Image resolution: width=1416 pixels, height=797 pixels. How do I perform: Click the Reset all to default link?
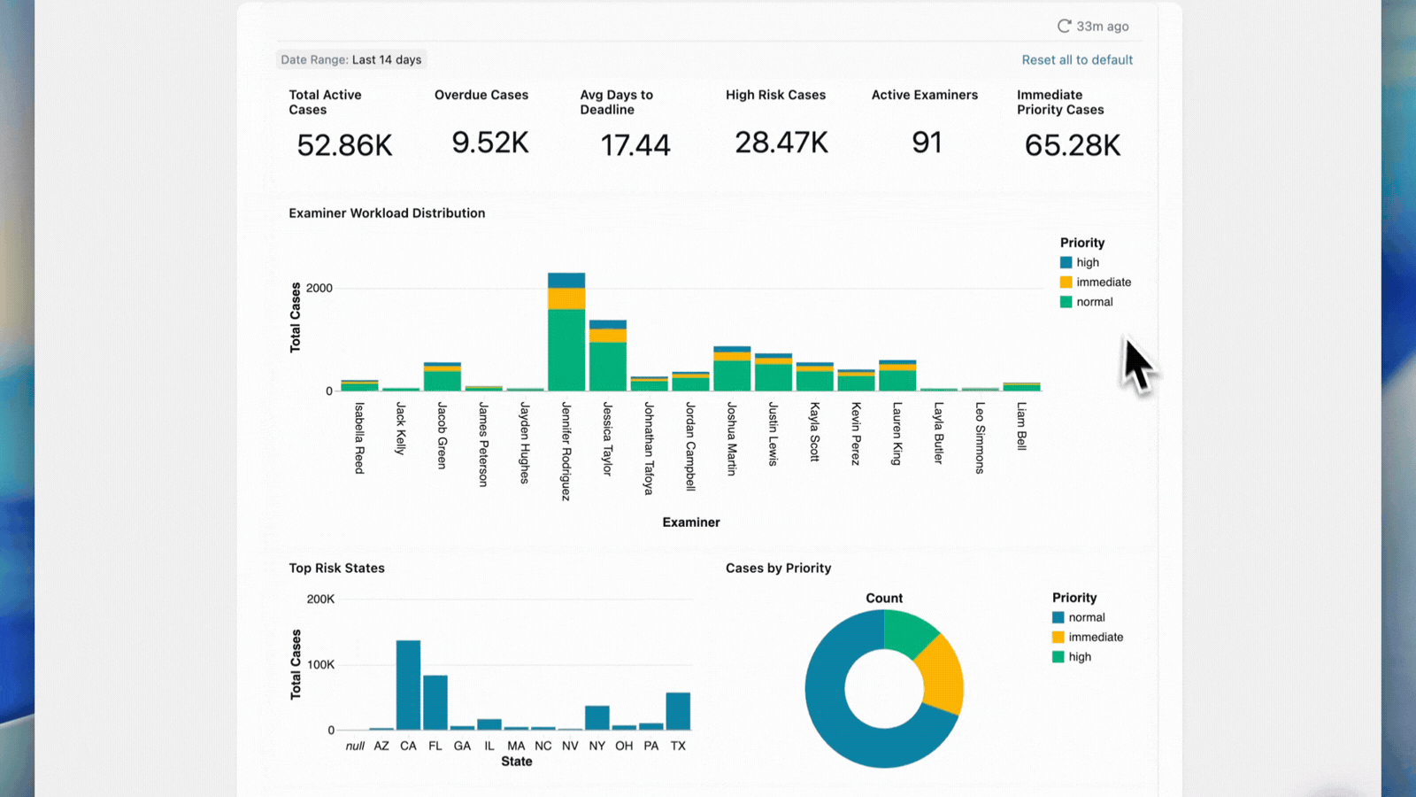click(x=1077, y=60)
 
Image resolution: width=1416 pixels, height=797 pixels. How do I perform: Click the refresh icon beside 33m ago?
click(x=1064, y=27)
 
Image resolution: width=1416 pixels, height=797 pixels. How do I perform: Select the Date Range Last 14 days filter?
click(x=351, y=60)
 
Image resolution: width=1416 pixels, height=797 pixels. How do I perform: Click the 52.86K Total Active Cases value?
click(x=344, y=145)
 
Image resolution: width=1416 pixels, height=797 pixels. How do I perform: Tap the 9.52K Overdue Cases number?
click(x=489, y=143)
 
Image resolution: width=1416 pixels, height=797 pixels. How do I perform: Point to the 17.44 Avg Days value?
click(x=635, y=145)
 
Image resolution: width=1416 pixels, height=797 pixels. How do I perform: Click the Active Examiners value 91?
click(x=927, y=143)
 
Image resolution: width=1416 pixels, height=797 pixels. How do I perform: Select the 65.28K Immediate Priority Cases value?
click(x=1072, y=145)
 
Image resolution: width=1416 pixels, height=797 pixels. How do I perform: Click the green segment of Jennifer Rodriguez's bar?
click(x=566, y=350)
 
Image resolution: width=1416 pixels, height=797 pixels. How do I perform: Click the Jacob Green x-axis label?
click(x=442, y=435)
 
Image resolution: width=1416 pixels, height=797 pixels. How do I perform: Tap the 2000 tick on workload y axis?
click(x=319, y=289)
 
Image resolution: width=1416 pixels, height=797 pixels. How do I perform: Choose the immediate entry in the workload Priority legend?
click(x=1103, y=282)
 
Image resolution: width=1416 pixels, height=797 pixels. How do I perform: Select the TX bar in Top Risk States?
click(x=678, y=711)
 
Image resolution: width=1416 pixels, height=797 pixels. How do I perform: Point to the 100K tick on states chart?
click(x=320, y=665)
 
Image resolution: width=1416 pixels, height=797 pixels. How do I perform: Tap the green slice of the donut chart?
click(x=910, y=632)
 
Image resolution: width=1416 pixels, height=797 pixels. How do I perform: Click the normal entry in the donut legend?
click(x=1086, y=618)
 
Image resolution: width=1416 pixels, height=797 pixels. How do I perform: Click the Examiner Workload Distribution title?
click(x=387, y=213)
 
